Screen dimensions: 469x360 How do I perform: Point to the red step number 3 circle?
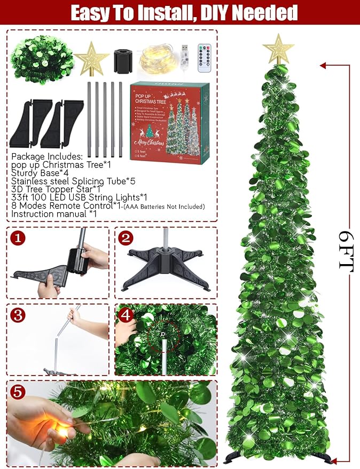pyautogui.click(x=19, y=315)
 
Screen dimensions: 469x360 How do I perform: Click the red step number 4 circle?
pyautogui.click(x=127, y=315)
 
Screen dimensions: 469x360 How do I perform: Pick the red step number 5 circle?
pyautogui.click(x=19, y=393)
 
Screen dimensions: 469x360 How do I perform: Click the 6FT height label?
pyautogui.click(x=347, y=251)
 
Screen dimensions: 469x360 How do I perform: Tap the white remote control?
pyautogui.click(x=205, y=58)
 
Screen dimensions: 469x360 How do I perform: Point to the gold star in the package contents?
pyautogui.click(x=91, y=58)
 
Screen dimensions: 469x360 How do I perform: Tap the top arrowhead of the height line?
pyautogui.click(x=323, y=66)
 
